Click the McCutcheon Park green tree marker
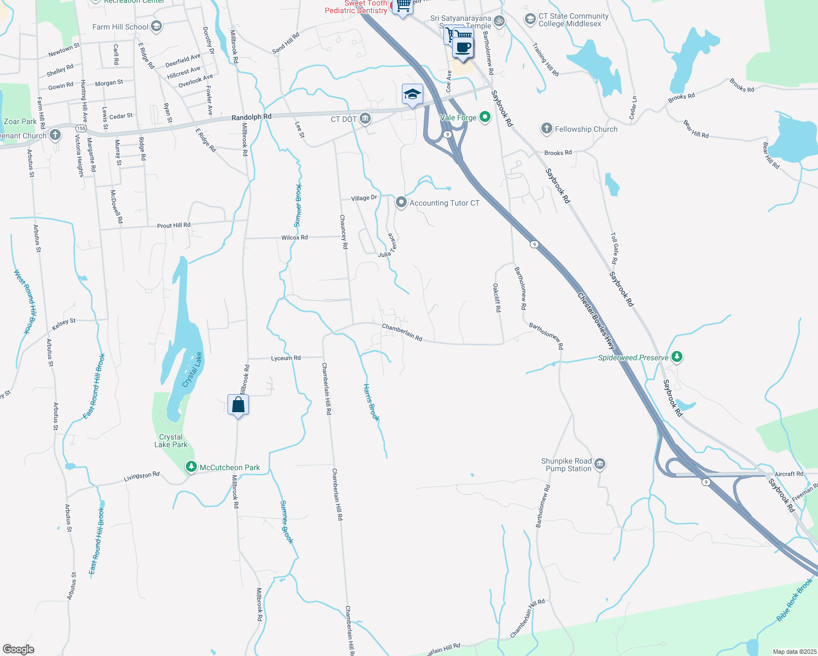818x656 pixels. (191, 467)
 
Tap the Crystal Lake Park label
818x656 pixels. (171, 441)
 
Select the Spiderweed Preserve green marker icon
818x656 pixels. (677, 357)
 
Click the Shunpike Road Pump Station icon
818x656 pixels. (600, 465)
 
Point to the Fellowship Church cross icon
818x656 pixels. (546, 128)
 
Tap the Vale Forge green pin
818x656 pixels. (484, 117)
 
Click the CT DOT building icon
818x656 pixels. (365, 119)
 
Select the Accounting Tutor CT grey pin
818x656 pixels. (401, 203)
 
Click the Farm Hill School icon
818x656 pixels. (156, 26)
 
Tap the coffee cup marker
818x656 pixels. (463, 47)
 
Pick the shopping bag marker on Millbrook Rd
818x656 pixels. (238, 405)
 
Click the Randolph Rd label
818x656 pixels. (251, 117)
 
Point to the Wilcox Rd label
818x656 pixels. (294, 237)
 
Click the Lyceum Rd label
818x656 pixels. (285, 358)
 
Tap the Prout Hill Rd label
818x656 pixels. (173, 225)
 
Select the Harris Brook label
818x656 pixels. (371, 402)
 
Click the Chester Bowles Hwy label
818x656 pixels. (596, 321)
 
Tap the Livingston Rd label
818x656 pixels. (142, 477)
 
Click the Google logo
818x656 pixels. (18, 649)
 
